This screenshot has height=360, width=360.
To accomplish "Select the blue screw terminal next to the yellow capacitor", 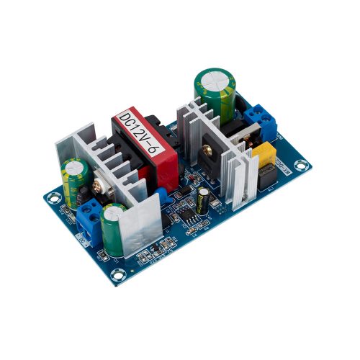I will click(261, 122).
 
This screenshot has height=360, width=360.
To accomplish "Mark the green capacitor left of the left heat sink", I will click(75, 180).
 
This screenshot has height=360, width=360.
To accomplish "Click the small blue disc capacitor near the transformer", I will click(163, 193).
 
